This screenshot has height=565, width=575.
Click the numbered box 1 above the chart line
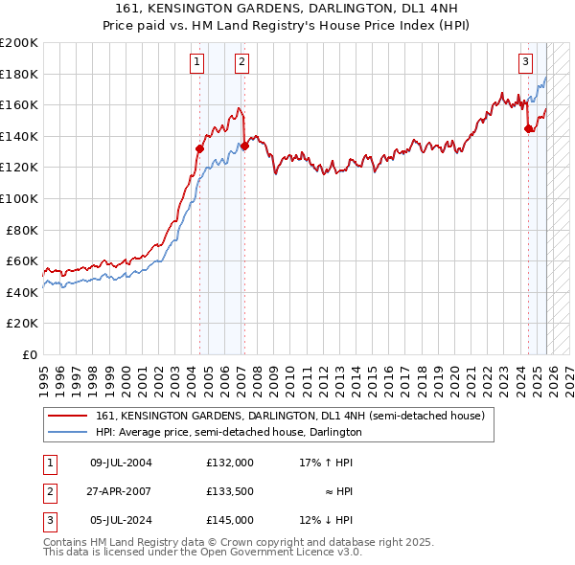(x=196, y=63)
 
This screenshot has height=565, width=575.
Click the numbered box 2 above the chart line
(x=241, y=63)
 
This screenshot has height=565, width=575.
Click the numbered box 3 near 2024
(x=526, y=63)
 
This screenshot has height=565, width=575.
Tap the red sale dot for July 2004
(x=200, y=148)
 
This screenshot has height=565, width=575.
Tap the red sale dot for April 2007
(x=245, y=146)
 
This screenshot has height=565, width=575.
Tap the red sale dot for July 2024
(x=528, y=128)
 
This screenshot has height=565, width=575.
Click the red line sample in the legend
(x=67, y=417)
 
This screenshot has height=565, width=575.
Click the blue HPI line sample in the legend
(x=67, y=432)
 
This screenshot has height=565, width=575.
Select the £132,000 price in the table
(x=230, y=463)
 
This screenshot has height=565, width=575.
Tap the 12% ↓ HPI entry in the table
(x=326, y=520)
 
